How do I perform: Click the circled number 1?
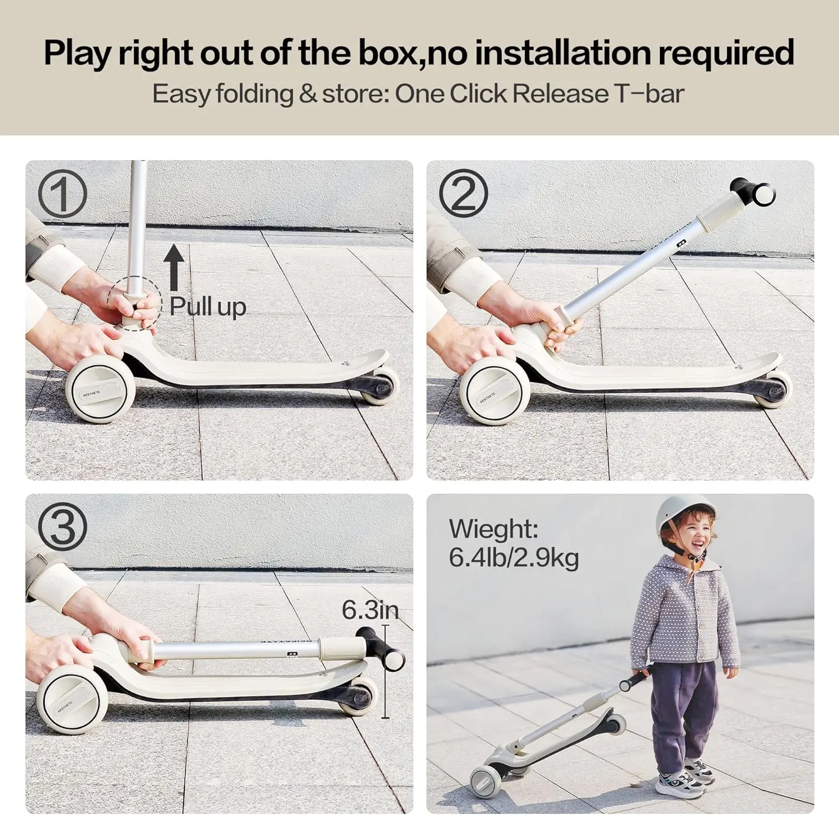(x=62, y=194)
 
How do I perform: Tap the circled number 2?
(x=463, y=194)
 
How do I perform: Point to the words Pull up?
(x=208, y=307)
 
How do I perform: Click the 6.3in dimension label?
(x=370, y=610)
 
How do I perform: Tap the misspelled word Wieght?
(x=493, y=529)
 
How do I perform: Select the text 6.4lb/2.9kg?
(x=513, y=558)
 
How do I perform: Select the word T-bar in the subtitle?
(x=649, y=93)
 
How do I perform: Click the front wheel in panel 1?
(x=100, y=389)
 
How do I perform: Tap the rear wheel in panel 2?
(x=774, y=390)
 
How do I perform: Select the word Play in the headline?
(x=77, y=53)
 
